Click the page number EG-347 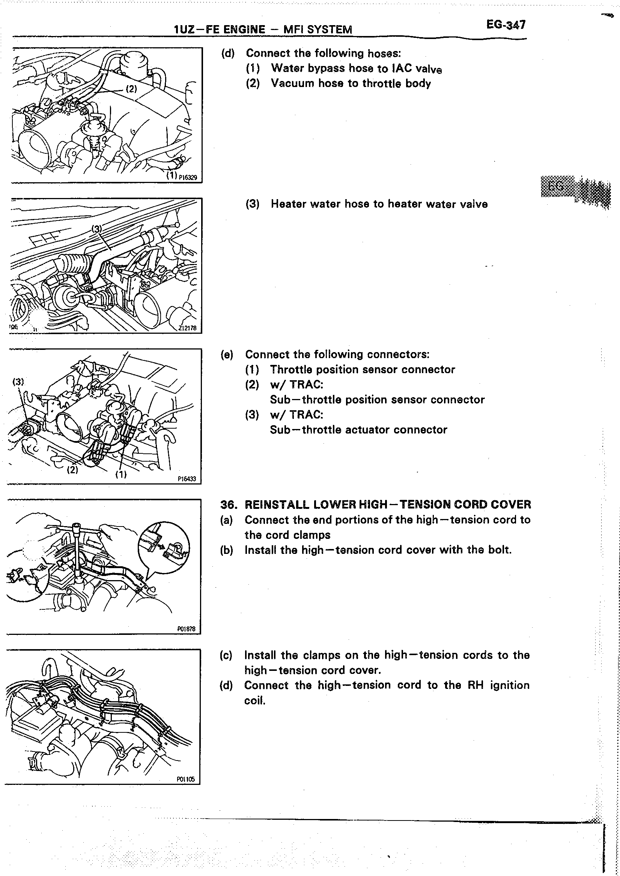pos(506,25)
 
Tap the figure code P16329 pos(188,177)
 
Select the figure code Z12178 pos(187,328)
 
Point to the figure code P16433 pos(187,478)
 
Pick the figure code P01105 pos(186,779)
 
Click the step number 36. pos(228,505)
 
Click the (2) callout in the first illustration pos(131,89)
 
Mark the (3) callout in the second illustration pos(97,228)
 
